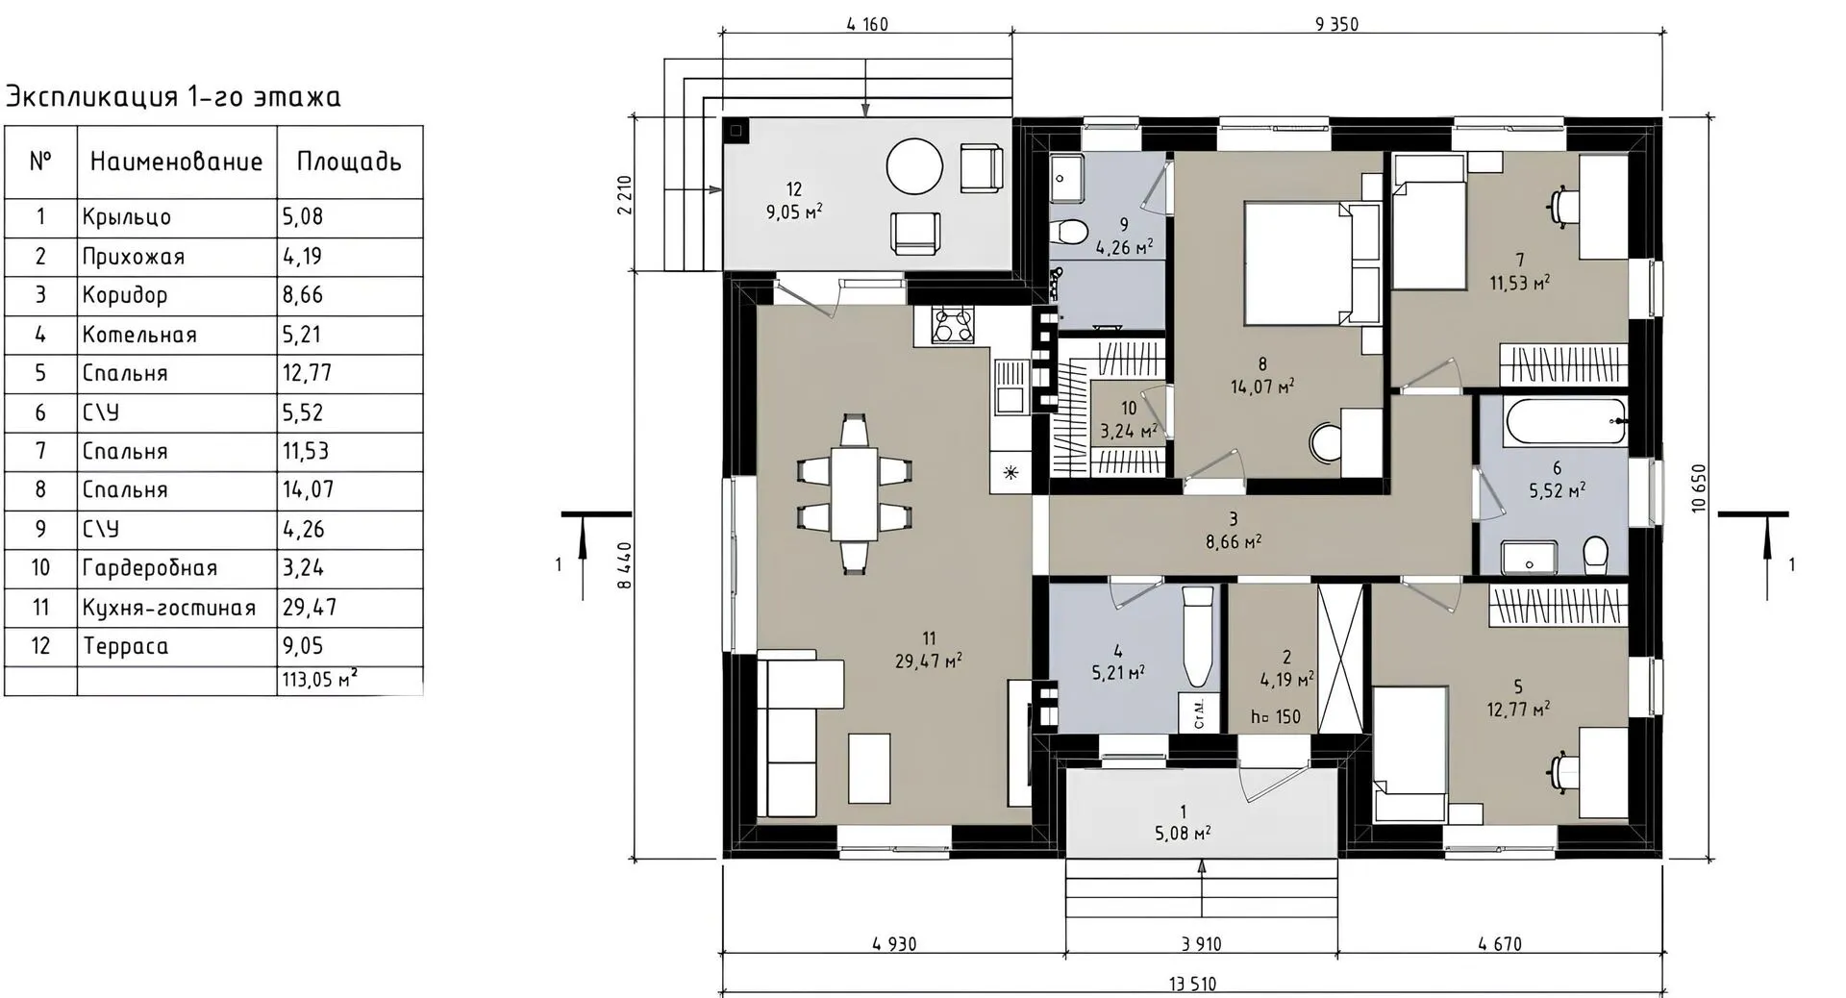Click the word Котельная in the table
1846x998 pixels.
tap(139, 335)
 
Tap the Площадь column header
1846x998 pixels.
tap(349, 162)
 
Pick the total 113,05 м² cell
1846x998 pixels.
tap(320, 680)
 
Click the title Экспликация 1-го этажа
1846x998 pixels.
tap(173, 96)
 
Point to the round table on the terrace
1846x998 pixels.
tap(914, 166)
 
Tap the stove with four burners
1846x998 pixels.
tap(953, 324)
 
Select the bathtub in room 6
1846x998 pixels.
tap(1564, 423)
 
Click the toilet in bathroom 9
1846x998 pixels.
tap(1066, 231)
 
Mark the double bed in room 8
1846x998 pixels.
tap(1312, 262)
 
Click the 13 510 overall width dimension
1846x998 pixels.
tap(1192, 984)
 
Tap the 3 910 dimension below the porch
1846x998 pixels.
tap(1201, 944)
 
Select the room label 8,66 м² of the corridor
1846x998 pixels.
tap(1234, 541)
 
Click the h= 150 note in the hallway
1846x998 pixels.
tap(1276, 716)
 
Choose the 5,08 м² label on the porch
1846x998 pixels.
tap(1183, 833)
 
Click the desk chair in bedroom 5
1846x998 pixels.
tap(1562, 772)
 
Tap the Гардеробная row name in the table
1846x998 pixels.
tap(150, 568)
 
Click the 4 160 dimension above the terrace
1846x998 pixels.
tap(867, 24)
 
